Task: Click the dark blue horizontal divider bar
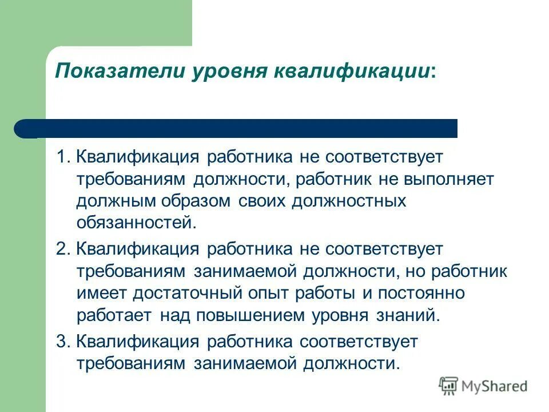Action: tap(240, 128)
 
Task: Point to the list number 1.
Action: tap(61, 157)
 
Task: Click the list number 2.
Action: tap(62, 249)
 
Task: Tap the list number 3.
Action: tap(62, 342)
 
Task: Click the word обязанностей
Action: tap(136, 223)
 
